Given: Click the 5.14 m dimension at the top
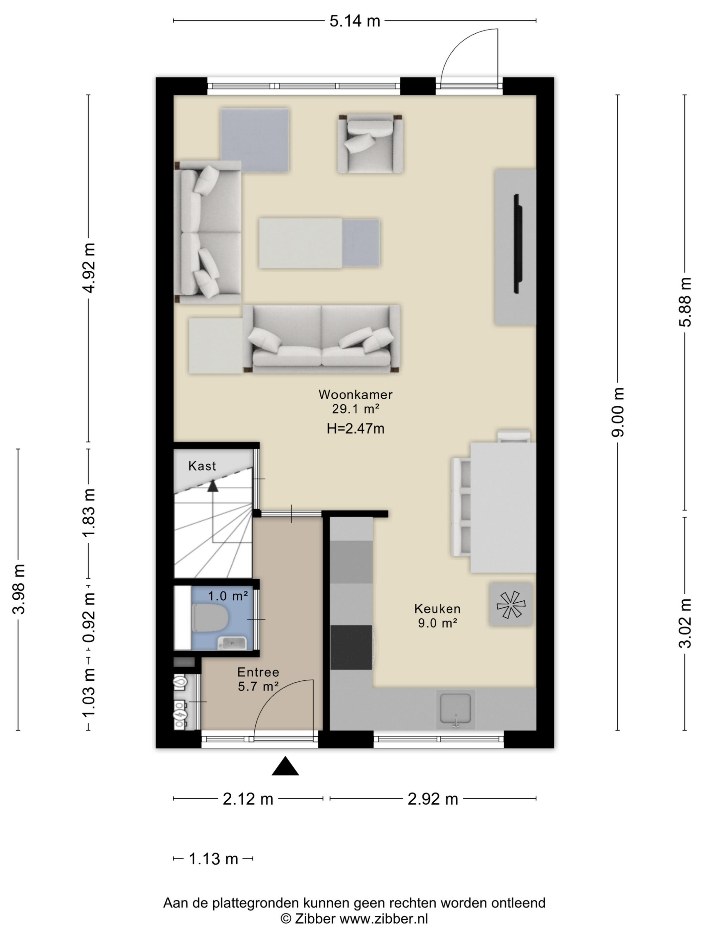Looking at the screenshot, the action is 355,21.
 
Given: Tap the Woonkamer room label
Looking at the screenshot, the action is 356,394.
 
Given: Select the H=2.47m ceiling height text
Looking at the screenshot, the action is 356,429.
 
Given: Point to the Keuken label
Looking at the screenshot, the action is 437,609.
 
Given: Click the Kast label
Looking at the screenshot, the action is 202,466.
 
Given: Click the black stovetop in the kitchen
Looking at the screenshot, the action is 351,647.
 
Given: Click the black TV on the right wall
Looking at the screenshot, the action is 518,244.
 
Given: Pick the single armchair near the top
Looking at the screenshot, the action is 370,144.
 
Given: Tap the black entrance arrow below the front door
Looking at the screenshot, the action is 285,766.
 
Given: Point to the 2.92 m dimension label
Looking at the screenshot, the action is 433,799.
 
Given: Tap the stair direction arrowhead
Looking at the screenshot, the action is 213,486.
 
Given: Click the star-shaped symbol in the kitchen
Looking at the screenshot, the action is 511,604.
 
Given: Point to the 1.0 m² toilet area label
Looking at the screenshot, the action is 228,596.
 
